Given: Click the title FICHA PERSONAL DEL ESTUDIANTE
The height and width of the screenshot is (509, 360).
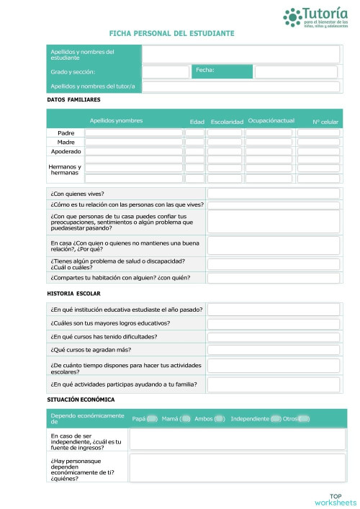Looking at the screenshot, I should (171, 34).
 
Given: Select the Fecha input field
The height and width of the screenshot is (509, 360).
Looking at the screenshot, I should (296, 72).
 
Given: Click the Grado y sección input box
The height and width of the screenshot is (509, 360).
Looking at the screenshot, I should (166, 72).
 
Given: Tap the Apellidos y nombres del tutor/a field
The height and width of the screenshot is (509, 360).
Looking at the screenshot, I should (240, 86).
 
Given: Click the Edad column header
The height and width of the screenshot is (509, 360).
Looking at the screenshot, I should (197, 122).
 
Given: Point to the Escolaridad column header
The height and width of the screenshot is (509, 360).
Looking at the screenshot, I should (227, 122).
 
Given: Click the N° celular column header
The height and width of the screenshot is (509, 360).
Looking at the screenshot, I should (325, 122).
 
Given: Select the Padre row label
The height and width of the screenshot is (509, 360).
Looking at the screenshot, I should (66, 133).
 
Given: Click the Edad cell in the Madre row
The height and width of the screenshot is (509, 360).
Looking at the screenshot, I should (195, 143).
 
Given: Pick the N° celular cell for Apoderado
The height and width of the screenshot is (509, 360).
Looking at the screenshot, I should (318, 152).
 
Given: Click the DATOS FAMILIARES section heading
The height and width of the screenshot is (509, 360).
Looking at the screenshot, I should (73, 99).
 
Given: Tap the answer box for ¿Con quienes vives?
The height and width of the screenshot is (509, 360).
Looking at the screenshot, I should (273, 194).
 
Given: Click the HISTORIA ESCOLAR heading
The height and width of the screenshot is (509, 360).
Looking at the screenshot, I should (73, 294).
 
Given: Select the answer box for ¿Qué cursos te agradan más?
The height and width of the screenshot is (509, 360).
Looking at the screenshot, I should (273, 350).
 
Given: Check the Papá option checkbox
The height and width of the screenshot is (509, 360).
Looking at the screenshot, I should (152, 418).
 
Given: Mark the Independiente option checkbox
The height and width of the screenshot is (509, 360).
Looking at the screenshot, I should (275, 418).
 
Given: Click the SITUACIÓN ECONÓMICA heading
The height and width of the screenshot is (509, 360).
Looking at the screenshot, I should (81, 399).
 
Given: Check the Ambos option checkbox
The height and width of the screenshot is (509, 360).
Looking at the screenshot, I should (220, 418).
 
